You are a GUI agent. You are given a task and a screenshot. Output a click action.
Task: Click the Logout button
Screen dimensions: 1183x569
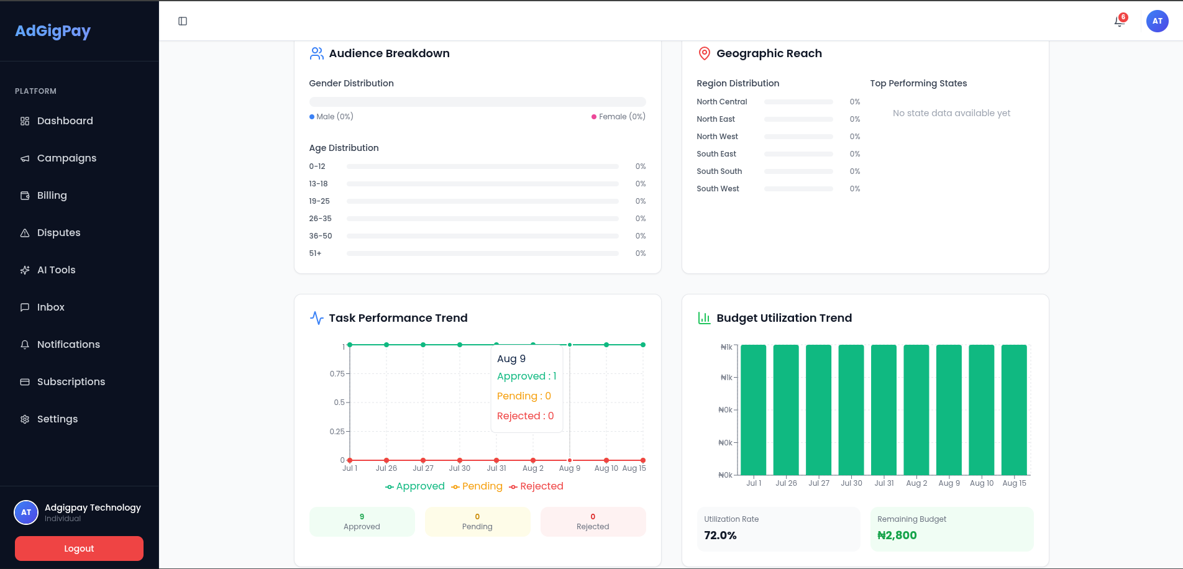click(79, 549)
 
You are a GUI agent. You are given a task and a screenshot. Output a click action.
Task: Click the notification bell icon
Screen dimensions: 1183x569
click(1120, 21)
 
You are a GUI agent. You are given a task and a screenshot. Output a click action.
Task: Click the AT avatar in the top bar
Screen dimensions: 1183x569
click(1158, 21)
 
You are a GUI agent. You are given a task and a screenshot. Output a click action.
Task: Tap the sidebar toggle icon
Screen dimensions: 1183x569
click(183, 21)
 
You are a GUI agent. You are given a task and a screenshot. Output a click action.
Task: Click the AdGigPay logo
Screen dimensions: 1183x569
click(53, 31)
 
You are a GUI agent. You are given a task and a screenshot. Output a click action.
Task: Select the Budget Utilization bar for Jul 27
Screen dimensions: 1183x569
click(819, 410)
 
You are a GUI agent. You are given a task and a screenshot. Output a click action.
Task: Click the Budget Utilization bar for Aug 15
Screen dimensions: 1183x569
click(1014, 410)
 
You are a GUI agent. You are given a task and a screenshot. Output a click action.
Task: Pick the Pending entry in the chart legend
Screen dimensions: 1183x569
click(477, 486)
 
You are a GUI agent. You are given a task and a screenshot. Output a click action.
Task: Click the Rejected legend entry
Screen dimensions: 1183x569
click(536, 486)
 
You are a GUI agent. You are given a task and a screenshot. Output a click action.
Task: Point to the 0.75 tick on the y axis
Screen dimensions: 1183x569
click(337, 374)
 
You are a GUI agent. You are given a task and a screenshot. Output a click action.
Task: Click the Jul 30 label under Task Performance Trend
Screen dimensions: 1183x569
click(460, 468)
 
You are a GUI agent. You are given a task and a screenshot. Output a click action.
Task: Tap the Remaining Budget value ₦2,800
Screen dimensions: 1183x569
click(897, 535)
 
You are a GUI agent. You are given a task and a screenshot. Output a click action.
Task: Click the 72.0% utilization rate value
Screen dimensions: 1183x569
click(720, 535)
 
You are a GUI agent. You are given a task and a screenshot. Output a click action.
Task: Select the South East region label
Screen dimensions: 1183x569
click(716, 154)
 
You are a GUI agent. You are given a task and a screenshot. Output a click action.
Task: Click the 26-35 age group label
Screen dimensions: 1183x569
click(321, 219)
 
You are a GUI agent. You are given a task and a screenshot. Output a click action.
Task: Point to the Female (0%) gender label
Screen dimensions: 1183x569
click(619, 117)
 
